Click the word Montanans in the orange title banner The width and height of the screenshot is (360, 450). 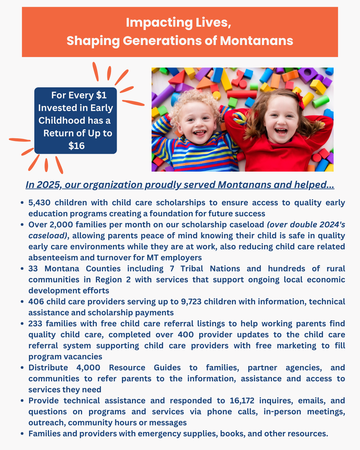point(256,41)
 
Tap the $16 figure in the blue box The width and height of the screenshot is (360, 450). point(76,146)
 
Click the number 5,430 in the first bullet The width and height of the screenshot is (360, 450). point(39,203)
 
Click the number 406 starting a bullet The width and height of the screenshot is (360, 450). point(36,302)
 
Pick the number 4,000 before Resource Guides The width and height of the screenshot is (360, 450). point(88,368)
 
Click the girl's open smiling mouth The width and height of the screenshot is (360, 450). point(281,131)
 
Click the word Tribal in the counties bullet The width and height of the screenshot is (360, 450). point(192,269)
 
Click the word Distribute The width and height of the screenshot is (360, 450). point(48,368)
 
